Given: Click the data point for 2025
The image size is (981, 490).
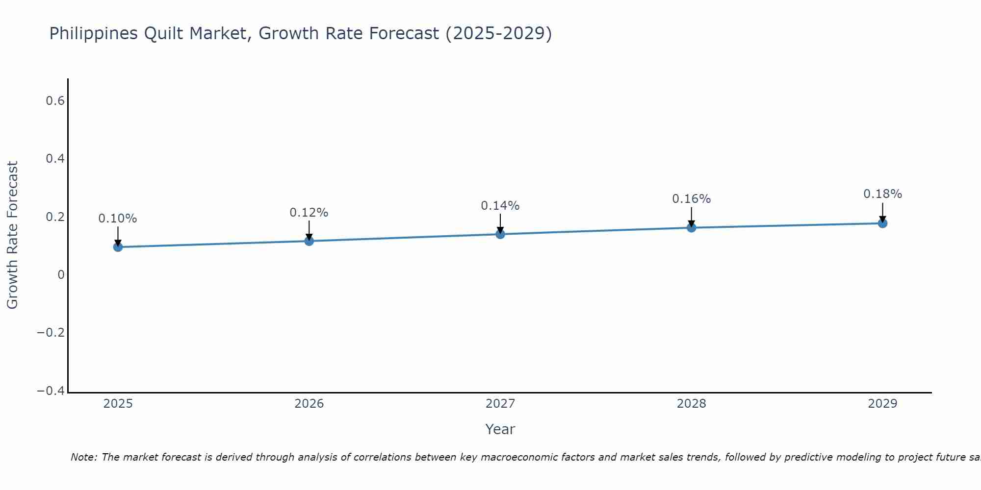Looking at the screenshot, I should (x=118, y=247).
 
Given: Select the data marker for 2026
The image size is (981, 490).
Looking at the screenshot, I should (x=309, y=241).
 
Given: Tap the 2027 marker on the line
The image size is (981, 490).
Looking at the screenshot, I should (x=500, y=234).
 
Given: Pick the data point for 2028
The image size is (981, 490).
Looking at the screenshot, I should (x=691, y=227).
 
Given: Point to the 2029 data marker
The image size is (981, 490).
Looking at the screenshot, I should (x=882, y=223).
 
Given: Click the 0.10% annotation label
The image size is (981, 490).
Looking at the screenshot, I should (x=118, y=219).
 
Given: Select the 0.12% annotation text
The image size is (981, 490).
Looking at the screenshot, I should (x=309, y=213).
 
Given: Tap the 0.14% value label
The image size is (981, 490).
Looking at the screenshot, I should (x=500, y=206).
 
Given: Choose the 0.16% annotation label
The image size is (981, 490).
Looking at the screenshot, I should (x=691, y=199).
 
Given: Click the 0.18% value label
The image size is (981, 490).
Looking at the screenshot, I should (x=882, y=194).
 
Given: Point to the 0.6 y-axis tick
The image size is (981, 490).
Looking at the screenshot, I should (x=55, y=101).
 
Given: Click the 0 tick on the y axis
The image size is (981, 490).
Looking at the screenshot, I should (x=61, y=275).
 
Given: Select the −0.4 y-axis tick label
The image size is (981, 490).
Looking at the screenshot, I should (x=51, y=391).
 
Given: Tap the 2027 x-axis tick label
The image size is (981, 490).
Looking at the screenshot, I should (x=500, y=404).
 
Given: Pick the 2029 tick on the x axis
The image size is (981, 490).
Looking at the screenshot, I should (x=882, y=404).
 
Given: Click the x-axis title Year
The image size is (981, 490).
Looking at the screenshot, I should (x=500, y=429).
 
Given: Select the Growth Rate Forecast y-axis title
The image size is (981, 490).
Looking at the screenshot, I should (x=12, y=235).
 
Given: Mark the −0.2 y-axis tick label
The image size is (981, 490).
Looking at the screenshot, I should (x=51, y=333).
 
